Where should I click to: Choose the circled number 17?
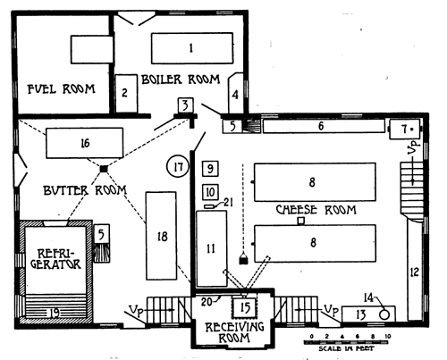[x=179, y=165]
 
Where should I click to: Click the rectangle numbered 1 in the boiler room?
[x=190, y=46]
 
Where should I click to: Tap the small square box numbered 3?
[x=183, y=106]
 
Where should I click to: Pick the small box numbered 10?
[x=210, y=190]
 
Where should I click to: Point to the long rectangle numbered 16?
[x=85, y=141]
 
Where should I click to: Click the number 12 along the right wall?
[x=414, y=271]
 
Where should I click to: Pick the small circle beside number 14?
[x=384, y=313]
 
